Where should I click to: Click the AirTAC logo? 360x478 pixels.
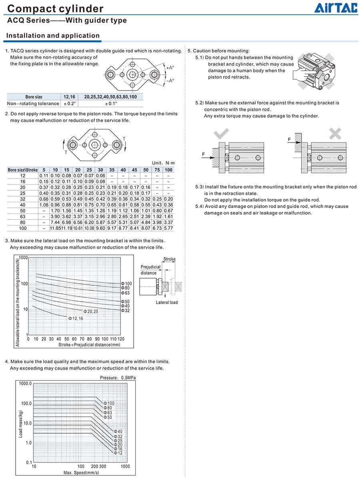(x=335, y=8)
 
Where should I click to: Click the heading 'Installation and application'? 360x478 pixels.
(x=53, y=36)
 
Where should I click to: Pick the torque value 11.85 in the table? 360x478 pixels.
(x=55, y=228)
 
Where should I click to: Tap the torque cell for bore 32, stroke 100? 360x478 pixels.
(x=168, y=199)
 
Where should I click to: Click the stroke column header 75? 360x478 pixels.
(x=157, y=170)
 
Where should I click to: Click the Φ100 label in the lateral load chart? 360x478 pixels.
(x=126, y=284)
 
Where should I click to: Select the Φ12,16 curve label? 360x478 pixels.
(x=76, y=319)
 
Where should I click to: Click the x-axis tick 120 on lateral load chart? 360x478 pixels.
(x=120, y=339)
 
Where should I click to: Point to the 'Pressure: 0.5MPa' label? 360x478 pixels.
(x=118, y=378)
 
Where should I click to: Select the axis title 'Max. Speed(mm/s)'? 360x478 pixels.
(x=81, y=473)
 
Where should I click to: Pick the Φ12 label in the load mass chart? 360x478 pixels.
(x=118, y=453)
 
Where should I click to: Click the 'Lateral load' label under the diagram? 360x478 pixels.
(x=166, y=303)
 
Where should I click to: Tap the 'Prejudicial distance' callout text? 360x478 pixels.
(x=150, y=270)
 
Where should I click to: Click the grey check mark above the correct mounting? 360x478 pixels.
(x=221, y=133)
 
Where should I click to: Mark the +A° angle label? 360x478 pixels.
(x=170, y=68)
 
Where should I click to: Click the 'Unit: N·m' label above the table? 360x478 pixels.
(x=163, y=163)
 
